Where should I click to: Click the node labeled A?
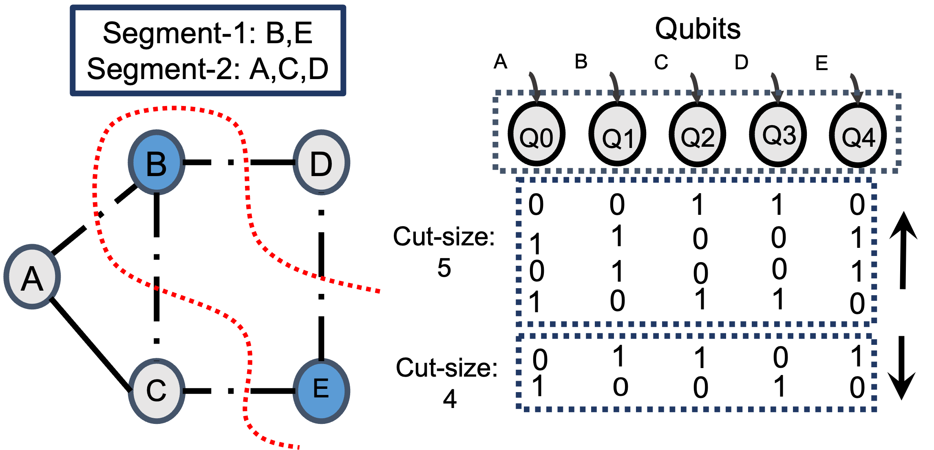[x=32, y=277]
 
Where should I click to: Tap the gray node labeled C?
[x=157, y=391]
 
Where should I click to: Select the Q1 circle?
[x=617, y=134]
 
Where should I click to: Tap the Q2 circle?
[x=698, y=134]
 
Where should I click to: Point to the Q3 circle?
[x=778, y=134]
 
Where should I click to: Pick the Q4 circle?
[x=858, y=135]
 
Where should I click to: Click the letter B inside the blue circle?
[x=157, y=164]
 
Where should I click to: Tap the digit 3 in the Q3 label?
[x=788, y=135]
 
